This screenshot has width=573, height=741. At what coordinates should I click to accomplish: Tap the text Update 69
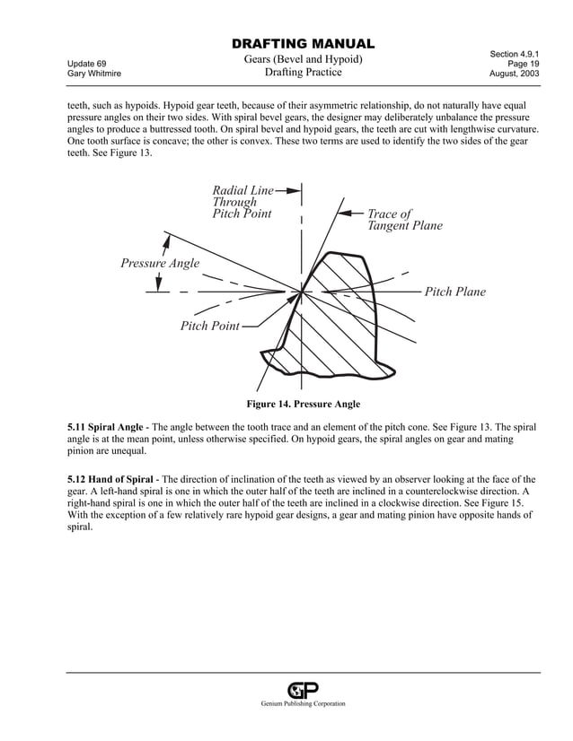coord(86,64)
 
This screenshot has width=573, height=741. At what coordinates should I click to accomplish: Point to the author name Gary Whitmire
coord(93,74)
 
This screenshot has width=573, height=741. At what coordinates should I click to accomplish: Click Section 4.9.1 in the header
coord(515,55)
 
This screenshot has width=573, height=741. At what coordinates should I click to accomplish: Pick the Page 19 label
coord(524,64)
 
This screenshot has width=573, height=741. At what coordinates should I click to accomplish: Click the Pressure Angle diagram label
coord(160,263)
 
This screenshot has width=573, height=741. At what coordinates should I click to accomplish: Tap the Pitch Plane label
coord(454,292)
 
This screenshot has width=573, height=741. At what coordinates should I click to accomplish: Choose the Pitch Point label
coord(209,326)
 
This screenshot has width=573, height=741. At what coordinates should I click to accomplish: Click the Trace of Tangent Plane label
coord(405,220)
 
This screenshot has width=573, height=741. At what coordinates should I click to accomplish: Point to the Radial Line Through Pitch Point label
coord(242,202)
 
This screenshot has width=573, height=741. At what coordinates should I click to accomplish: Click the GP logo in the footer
coord(303,690)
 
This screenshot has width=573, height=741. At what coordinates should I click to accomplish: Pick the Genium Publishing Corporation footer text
coord(303,704)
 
